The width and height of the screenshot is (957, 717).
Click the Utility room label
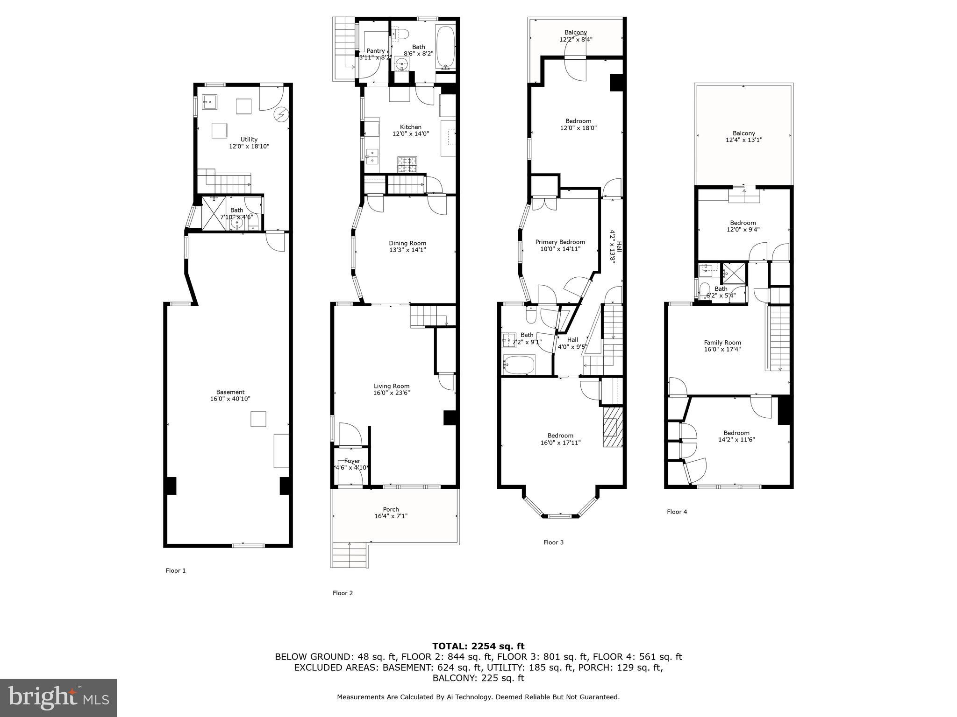[x=249, y=140]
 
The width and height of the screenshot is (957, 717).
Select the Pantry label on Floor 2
[x=376, y=51]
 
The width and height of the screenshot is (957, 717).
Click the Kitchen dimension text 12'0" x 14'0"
[x=410, y=134]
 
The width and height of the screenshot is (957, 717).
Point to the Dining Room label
[x=407, y=243]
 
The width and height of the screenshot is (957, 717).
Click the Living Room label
[x=392, y=386]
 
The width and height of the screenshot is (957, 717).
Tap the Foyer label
[x=352, y=461]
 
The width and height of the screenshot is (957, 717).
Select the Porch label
[x=391, y=509]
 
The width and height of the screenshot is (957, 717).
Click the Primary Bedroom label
[x=560, y=242]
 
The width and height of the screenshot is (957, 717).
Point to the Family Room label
[x=722, y=343]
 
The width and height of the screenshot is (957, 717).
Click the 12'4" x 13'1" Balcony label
[x=743, y=136]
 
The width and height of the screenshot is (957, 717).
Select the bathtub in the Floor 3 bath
[x=519, y=365]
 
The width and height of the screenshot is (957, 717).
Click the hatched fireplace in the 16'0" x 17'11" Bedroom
[x=613, y=427]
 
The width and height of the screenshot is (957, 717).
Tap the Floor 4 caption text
[x=677, y=512]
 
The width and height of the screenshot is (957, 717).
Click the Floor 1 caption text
[x=176, y=570]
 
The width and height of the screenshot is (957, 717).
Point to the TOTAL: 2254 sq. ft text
[x=478, y=646]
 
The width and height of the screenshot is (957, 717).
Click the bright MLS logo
[x=58, y=697]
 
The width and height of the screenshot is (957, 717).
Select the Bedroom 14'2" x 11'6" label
[x=736, y=436]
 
